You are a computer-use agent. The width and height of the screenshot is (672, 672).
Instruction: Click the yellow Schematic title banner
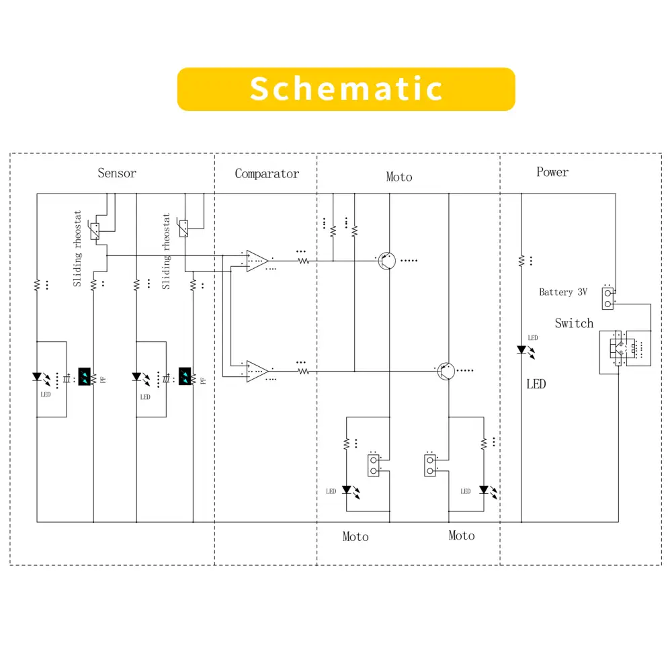coord(346,89)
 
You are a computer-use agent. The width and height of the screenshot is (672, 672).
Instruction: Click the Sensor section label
coord(117,173)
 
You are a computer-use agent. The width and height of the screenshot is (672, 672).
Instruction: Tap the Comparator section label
coord(267,174)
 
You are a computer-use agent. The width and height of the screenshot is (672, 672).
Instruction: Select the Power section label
coord(552,172)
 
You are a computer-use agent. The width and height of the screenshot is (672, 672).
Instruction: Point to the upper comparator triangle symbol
coord(256,260)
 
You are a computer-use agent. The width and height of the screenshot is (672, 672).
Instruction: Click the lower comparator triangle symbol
coord(256,370)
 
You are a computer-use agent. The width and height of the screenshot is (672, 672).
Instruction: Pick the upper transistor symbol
coord(386,261)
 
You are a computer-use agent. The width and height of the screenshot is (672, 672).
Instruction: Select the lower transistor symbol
coord(446,370)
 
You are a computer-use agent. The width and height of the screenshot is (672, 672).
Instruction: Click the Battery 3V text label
coord(563,292)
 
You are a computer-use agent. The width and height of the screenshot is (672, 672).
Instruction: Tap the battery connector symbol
coord(608,298)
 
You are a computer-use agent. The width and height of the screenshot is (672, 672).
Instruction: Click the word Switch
coord(574,323)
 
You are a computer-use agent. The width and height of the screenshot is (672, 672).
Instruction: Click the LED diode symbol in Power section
coord(521,350)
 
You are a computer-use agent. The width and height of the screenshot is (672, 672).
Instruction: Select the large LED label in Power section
coord(536,384)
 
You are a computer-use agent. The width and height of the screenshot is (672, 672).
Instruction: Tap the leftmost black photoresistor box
coord(85,376)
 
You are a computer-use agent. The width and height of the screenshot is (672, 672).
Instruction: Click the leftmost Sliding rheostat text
coord(77,249)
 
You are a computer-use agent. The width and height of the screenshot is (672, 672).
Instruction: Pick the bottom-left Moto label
coord(355,536)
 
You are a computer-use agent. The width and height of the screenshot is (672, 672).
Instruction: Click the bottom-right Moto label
coord(462,536)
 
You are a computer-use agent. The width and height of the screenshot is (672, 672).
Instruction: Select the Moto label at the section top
coord(399,177)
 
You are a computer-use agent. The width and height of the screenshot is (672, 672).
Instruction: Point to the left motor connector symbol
coord(373,465)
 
